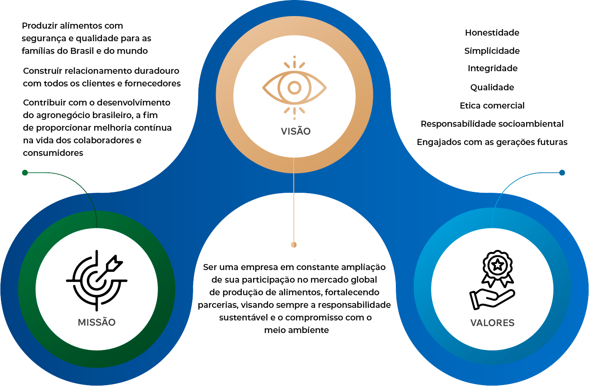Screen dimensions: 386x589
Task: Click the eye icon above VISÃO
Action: pos(294,88)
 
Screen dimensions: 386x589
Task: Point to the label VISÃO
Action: pos(296,131)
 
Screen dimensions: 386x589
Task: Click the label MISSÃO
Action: pos(97,323)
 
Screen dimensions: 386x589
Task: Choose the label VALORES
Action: pos(492,323)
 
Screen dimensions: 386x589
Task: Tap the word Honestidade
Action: pos(492,33)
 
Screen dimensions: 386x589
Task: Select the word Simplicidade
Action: pos(492,51)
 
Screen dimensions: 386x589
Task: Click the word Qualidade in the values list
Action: pos(492,87)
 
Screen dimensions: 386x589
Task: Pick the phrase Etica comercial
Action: pos(492,106)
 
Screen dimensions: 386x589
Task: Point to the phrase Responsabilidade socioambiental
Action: pos(492,124)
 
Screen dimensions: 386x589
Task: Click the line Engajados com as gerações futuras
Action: pos(492,142)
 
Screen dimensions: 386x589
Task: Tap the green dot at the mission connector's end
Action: pos(25,173)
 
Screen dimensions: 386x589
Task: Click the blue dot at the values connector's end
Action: pos(562,173)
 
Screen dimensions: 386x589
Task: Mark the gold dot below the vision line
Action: pos(294,245)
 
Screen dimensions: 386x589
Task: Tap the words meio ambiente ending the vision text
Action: pos(296,330)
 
